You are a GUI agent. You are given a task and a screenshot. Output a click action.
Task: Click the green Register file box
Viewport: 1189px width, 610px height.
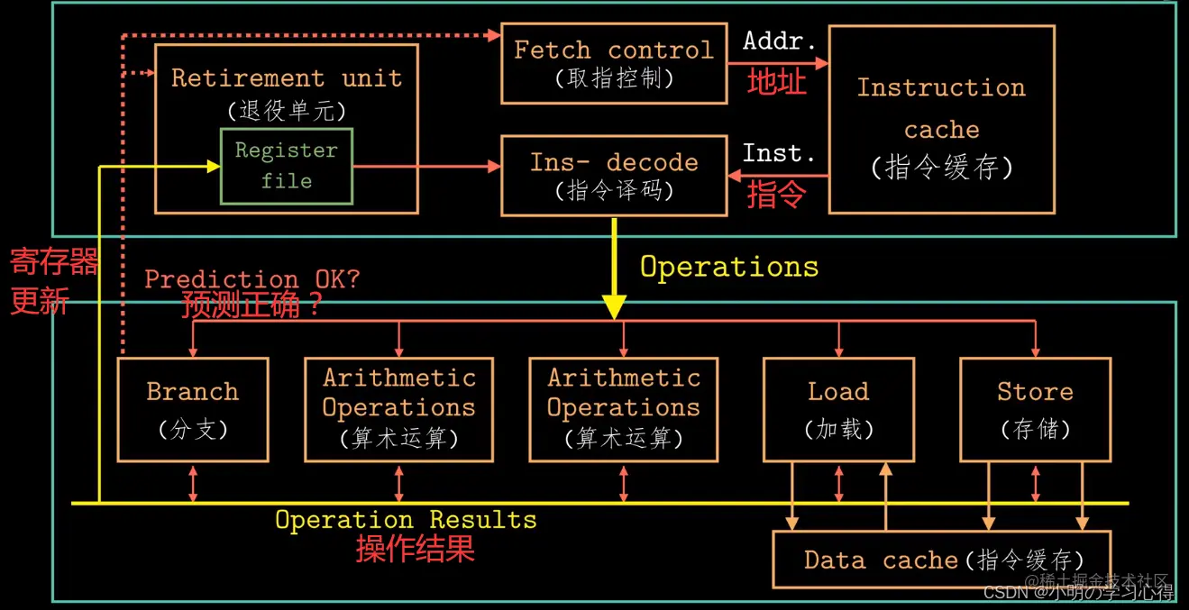[x=287, y=166]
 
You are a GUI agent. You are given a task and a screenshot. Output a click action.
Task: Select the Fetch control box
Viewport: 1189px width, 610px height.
[x=613, y=63]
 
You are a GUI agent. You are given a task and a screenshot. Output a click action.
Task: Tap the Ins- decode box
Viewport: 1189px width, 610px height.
[x=613, y=176]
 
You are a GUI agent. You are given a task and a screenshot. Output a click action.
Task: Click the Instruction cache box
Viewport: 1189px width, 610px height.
[x=941, y=120]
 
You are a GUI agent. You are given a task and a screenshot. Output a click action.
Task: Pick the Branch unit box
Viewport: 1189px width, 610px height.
[x=193, y=409]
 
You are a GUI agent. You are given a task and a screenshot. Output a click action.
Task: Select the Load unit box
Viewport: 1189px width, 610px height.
[x=838, y=409]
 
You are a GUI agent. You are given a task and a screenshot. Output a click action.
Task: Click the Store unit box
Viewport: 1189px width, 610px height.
[x=1035, y=409]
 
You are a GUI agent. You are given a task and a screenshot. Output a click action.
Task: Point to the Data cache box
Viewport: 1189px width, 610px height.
[x=942, y=560]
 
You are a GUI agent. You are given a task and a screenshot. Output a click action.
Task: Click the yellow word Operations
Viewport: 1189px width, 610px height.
[x=729, y=267]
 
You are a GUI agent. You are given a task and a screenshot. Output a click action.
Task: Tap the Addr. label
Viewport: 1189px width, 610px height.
[x=779, y=41]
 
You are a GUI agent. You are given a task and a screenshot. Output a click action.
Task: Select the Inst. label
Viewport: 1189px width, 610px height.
[x=779, y=154]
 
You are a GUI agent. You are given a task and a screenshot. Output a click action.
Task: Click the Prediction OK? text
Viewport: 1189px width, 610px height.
[x=252, y=278]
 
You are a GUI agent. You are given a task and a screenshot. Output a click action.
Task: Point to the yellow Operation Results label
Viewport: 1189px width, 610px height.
[x=406, y=520]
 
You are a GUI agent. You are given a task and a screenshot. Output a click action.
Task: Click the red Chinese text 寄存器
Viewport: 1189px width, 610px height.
[x=53, y=263]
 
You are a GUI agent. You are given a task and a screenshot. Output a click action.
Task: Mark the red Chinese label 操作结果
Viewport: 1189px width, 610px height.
[x=415, y=549]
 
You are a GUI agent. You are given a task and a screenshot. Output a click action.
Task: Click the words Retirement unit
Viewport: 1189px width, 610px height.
[x=287, y=77]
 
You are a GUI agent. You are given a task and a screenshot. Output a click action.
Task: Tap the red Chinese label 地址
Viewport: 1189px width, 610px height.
[x=776, y=82]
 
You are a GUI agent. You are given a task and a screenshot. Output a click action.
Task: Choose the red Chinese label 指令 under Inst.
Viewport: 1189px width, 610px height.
[x=776, y=195]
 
